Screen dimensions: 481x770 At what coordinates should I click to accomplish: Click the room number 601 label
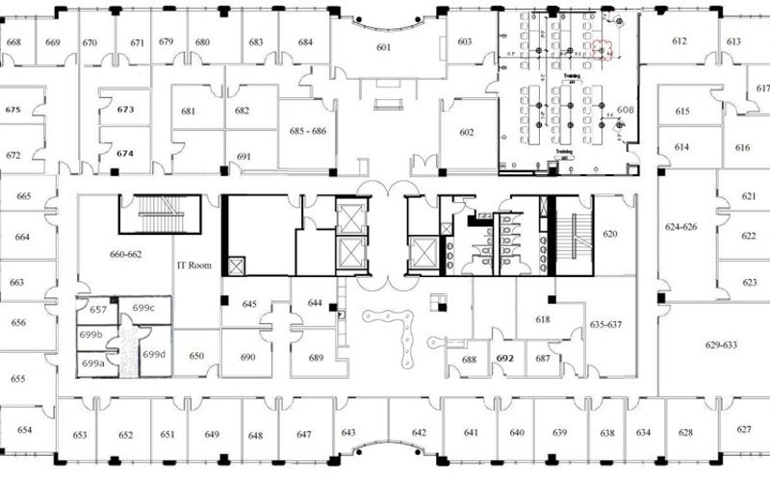point(384,48)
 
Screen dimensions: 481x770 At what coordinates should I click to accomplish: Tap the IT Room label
point(193,265)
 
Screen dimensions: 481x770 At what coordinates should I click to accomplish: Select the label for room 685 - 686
point(307,129)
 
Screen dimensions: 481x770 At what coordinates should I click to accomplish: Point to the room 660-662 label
point(125,256)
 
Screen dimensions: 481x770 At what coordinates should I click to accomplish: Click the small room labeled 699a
point(92,364)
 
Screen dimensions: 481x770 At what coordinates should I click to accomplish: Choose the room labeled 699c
point(144,307)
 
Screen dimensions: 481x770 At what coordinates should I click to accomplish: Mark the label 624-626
point(681,228)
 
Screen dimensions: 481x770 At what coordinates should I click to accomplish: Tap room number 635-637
point(606,324)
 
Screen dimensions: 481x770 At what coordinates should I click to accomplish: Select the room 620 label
point(609,234)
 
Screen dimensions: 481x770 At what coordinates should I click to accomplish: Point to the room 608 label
point(626,111)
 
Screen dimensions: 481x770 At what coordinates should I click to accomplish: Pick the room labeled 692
point(504,358)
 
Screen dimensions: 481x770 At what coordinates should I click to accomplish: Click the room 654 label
point(24,430)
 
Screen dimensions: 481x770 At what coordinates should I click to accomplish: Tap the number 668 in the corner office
point(14,42)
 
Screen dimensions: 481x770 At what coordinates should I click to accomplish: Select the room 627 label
point(743,430)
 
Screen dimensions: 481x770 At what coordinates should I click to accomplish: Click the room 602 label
point(468,133)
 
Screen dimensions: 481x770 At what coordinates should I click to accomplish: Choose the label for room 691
point(244,156)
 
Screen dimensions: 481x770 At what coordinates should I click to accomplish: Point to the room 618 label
point(543,318)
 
